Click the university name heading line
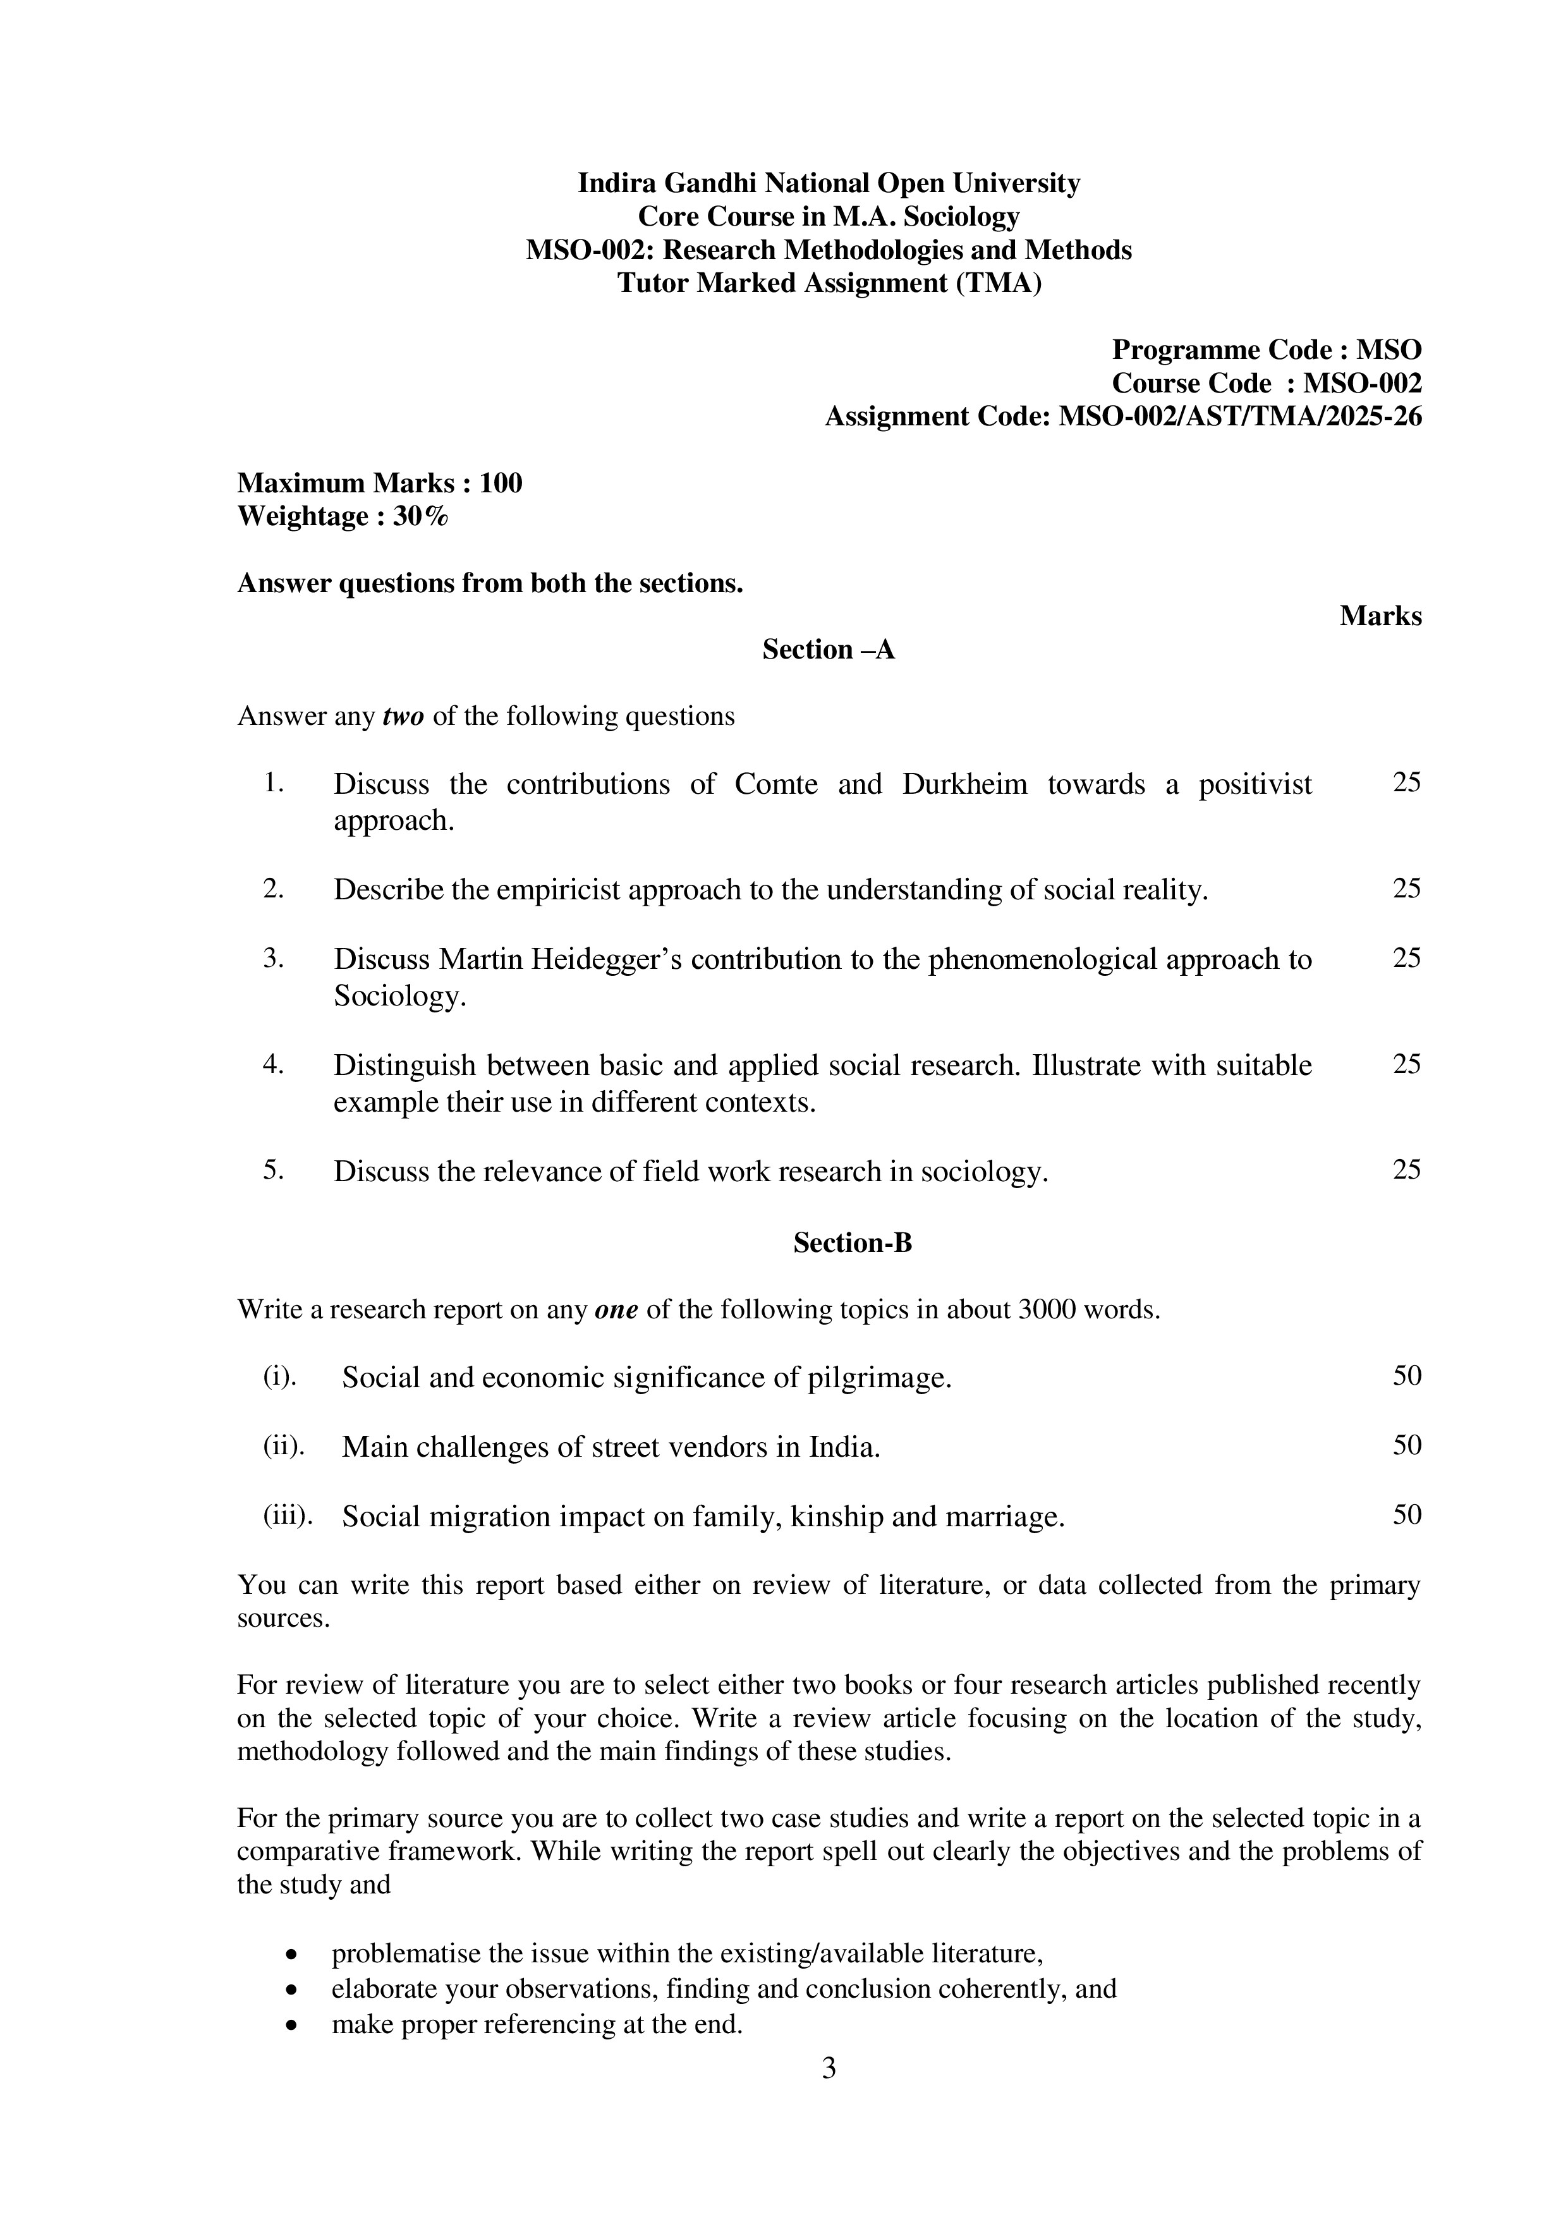[x=829, y=183]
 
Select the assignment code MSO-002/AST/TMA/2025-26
[x=1240, y=416]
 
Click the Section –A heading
[x=829, y=650]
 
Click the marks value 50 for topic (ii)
[x=1406, y=1445]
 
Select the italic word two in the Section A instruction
[x=404, y=717]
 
